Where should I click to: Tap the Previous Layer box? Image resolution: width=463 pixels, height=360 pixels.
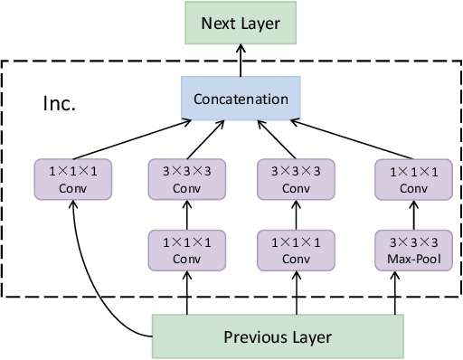point(277,337)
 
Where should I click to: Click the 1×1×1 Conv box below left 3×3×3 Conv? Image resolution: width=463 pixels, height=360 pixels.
point(187,250)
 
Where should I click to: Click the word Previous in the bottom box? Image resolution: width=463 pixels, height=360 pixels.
point(249,337)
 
